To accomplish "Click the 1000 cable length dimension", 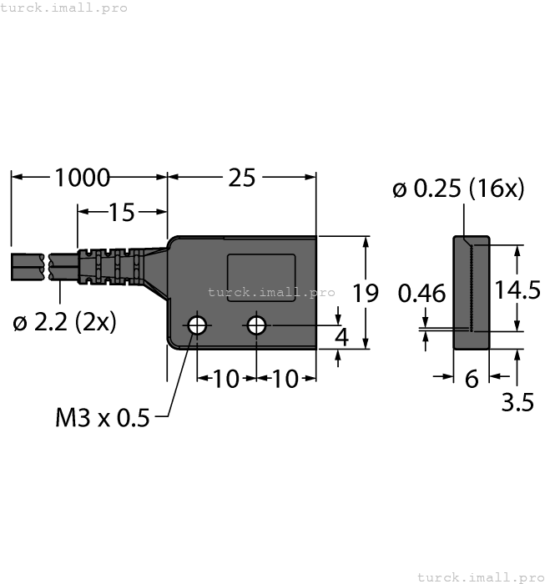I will tap(82, 178).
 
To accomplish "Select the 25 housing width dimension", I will tap(242, 178).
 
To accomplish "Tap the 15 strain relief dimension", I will tap(121, 213).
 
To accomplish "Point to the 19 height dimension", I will tap(365, 293).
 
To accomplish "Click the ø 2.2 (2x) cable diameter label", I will tap(64, 322).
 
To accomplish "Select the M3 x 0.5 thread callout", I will tap(102, 417).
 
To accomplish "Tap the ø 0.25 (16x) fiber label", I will tap(458, 189).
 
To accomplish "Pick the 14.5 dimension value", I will tap(516, 289).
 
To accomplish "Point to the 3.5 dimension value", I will tap(517, 403).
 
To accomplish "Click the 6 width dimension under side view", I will tap(472, 379).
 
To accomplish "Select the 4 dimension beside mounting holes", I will tap(341, 336).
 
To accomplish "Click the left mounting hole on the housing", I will tap(197, 325).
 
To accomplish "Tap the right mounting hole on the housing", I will tap(257, 325).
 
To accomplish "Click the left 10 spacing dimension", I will tap(225, 379).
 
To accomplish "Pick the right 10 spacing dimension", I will tap(285, 379).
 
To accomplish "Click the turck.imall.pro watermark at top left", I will tap(64, 8).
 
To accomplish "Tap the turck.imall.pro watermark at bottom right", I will tap(479, 576).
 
